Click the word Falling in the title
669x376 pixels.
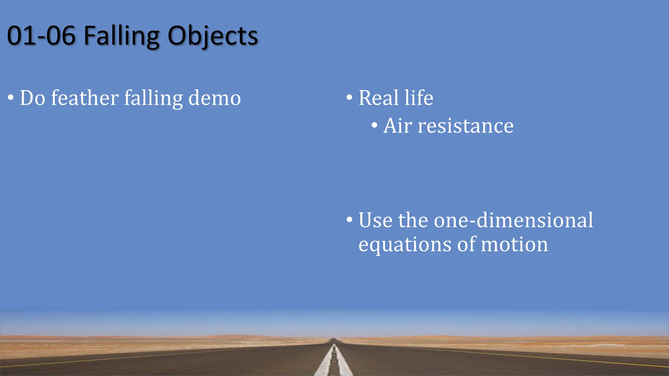click(122, 36)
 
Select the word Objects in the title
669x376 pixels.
click(213, 36)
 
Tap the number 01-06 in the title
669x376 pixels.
click(41, 36)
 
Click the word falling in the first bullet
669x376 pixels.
click(154, 99)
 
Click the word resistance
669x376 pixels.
click(466, 126)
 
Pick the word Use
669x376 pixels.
click(375, 220)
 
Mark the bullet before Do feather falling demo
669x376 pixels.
click(11, 98)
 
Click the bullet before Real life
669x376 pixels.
click(350, 97)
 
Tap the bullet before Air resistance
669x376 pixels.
click(374, 125)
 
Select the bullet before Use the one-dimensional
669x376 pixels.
click(350, 220)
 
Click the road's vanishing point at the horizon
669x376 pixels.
click(334, 339)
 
